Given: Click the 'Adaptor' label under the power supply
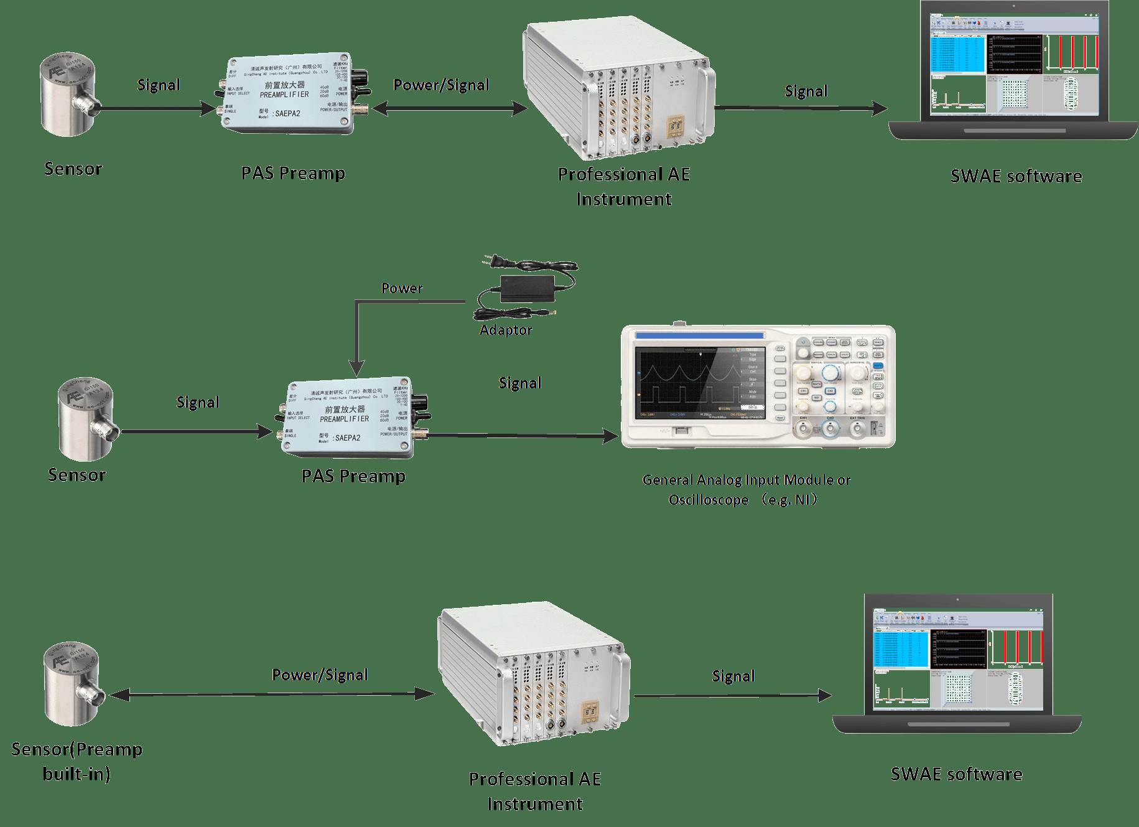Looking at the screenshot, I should tap(506, 330).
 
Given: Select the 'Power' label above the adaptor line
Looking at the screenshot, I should tap(402, 288).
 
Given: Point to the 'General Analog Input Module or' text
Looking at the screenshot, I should tap(746, 480).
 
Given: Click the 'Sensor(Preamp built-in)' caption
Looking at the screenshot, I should tap(77, 761).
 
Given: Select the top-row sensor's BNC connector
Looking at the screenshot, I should tap(88, 107).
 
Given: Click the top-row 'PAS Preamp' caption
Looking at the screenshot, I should tap(293, 173).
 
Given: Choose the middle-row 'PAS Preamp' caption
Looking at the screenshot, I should tap(353, 476).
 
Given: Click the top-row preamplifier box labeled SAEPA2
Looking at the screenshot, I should tap(287, 96).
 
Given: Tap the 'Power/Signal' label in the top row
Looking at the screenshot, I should tap(441, 85).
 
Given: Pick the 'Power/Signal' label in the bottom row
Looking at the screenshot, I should tap(320, 675).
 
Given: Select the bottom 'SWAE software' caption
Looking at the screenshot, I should tap(956, 774).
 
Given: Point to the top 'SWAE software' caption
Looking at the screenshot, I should tap(1016, 176).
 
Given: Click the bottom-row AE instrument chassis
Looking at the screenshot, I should tap(532, 675).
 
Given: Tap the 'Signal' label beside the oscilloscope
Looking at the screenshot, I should tap(520, 383).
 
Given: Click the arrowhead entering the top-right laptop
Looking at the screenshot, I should tap(880, 109).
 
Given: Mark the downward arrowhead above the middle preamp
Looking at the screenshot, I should tap(356, 369).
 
